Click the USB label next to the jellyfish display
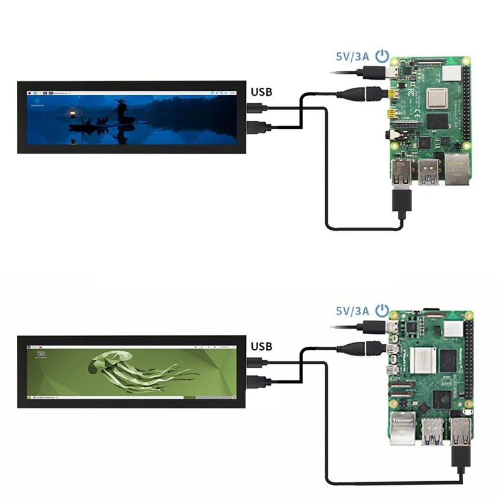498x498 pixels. (261, 346)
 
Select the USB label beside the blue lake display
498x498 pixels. (261, 92)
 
